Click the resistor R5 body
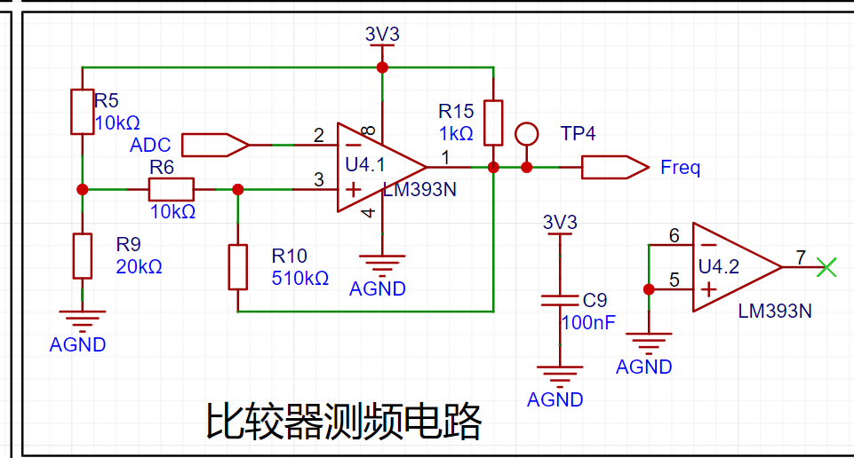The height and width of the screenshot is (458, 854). click(x=82, y=111)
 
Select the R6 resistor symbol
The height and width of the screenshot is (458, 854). click(x=171, y=189)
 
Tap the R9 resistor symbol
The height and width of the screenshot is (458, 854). click(x=82, y=256)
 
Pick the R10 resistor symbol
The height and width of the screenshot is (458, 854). click(x=237, y=266)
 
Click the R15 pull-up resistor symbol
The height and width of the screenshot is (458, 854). click(x=493, y=122)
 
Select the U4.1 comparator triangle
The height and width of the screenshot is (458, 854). click(x=378, y=167)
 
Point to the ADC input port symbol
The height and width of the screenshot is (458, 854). click(x=214, y=144)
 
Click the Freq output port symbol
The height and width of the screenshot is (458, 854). click(x=614, y=167)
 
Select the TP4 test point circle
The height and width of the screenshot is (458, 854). click(x=527, y=134)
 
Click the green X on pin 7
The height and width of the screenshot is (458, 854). click(x=827, y=266)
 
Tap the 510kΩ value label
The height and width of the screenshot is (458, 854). click(x=299, y=278)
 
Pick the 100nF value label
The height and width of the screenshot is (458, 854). click(x=587, y=322)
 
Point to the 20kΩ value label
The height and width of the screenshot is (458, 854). click(x=139, y=266)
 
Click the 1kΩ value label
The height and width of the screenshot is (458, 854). click(x=456, y=133)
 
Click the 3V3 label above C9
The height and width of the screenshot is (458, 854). click(x=560, y=222)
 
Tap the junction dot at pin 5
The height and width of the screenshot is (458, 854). click(x=649, y=288)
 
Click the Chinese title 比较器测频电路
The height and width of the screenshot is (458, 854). click(x=344, y=422)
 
